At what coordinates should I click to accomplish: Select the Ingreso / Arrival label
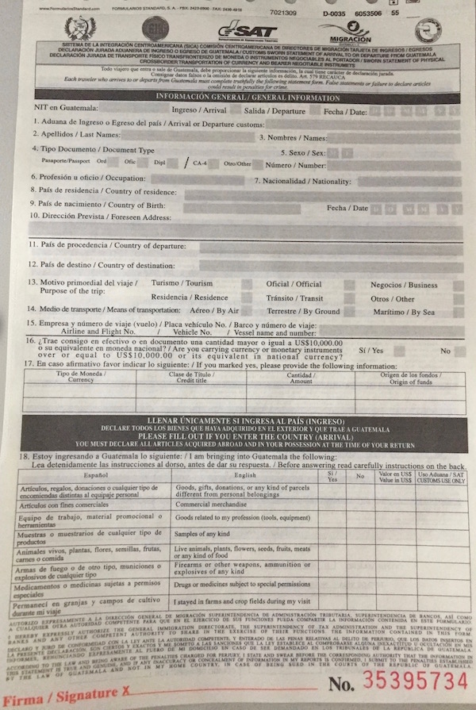(x=199, y=111)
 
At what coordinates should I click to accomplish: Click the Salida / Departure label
(x=274, y=111)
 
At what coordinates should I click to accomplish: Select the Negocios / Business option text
(x=404, y=285)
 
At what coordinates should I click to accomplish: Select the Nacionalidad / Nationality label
(x=304, y=180)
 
